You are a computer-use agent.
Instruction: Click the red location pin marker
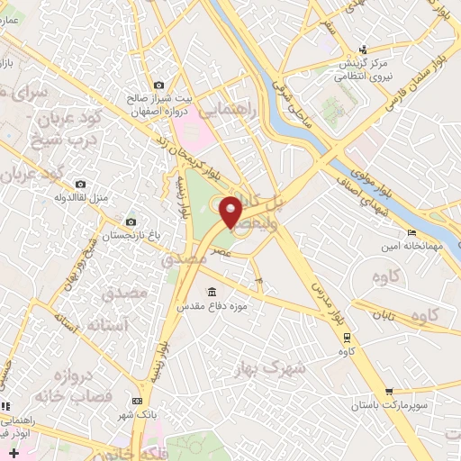pyautogui.click(x=231, y=212)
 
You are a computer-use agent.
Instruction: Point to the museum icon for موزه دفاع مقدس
pyautogui.click(x=212, y=293)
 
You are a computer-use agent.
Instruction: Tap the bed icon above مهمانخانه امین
pyautogui.click(x=411, y=233)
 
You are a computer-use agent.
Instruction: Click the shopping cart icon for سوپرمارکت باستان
pyautogui.click(x=388, y=392)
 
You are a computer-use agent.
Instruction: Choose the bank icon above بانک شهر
pyautogui.click(x=137, y=401)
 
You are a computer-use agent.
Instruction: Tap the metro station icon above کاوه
pyautogui.click(x=348, y=335)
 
